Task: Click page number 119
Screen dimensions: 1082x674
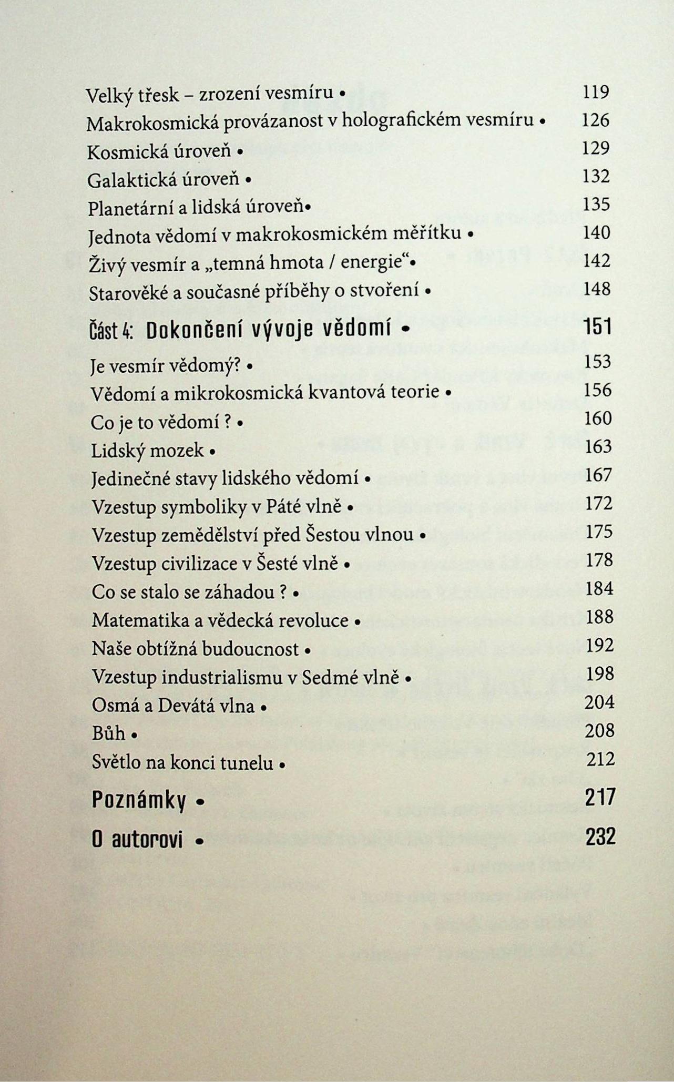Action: [x=596, y=93]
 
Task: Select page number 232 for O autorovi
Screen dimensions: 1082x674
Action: [x=600, y=836]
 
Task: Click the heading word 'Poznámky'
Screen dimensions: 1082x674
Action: [x=139, y=800]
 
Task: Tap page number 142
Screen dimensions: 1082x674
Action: [x=597, y=260]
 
